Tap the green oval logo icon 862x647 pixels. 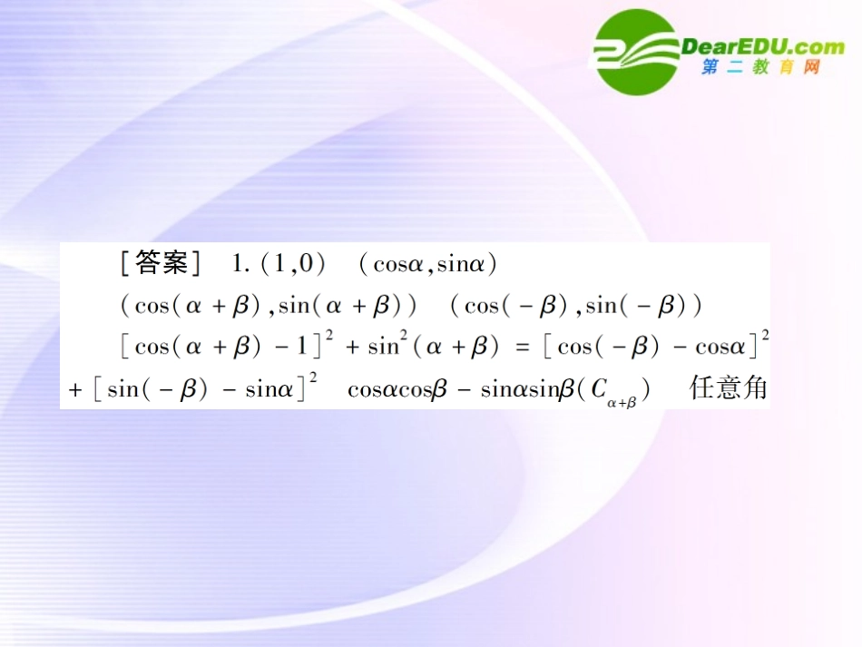pos(635,52)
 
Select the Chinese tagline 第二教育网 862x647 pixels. pos(760,68)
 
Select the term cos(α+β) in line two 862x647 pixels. pos(197,305)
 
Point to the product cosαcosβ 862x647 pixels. pos(398,389)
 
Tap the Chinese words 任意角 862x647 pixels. pos(728,388)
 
